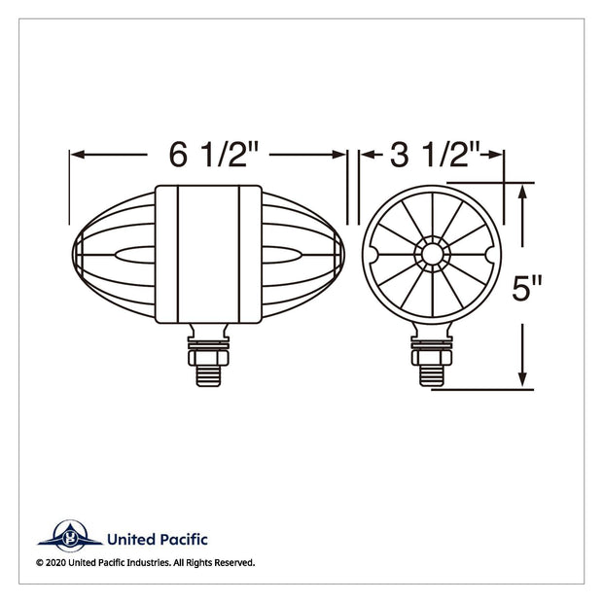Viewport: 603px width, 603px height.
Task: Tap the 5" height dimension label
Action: pos(526,288)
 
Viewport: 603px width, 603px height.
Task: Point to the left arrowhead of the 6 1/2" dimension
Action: pos(78,155)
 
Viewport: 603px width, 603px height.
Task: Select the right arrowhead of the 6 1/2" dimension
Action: pos(338,155)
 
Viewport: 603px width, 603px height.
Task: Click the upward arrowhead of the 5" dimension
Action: pos(522,192)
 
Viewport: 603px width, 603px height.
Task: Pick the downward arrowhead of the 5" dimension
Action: pos(522,379)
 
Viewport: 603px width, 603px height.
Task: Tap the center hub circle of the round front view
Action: pos(432,254)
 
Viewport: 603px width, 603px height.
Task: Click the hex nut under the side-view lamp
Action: pos(208,357)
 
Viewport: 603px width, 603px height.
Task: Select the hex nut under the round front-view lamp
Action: pos(432,357)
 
